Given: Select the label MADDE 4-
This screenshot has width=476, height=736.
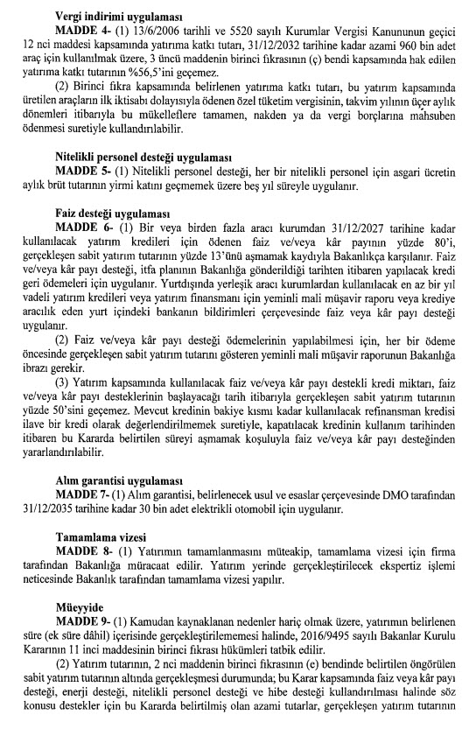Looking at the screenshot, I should point(84,32).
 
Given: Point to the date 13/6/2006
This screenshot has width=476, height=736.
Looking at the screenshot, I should point(156,32).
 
